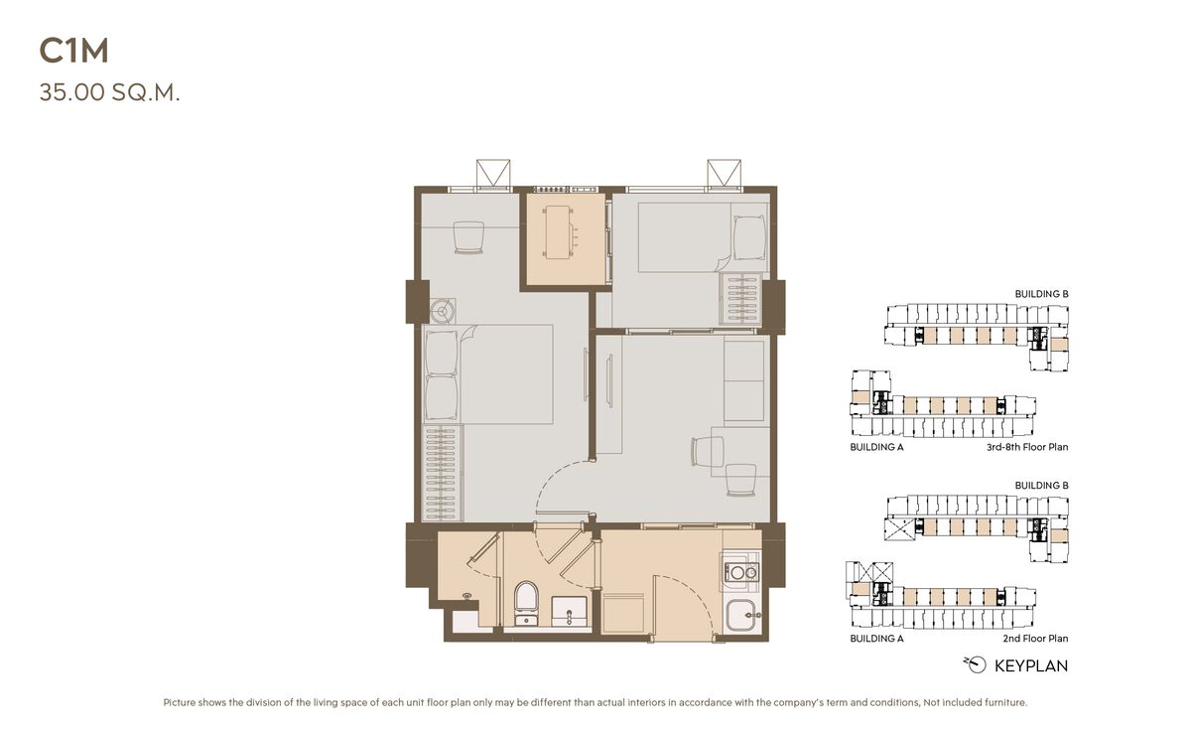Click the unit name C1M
[73, 52]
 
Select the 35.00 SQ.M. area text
[109, 92]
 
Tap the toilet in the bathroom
[526, 603]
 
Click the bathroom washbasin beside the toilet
[569, 611]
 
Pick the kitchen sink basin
[742, 615]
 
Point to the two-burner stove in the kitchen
[740, 572]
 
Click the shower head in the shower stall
[467, 597]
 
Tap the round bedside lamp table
[443, 311]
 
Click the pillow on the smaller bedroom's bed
[749, 237]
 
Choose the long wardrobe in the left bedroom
[442, 473]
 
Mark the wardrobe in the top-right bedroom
[739, 300]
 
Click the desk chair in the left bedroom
[468, 237]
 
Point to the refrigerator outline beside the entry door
[622, 613]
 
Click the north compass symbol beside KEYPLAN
[975, 665]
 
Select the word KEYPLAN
[1031, 666]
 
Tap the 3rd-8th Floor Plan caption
[1027, 447]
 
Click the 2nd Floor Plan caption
[1035, 639]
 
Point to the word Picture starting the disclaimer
[179, 702]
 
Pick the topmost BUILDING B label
[1041, 294]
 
